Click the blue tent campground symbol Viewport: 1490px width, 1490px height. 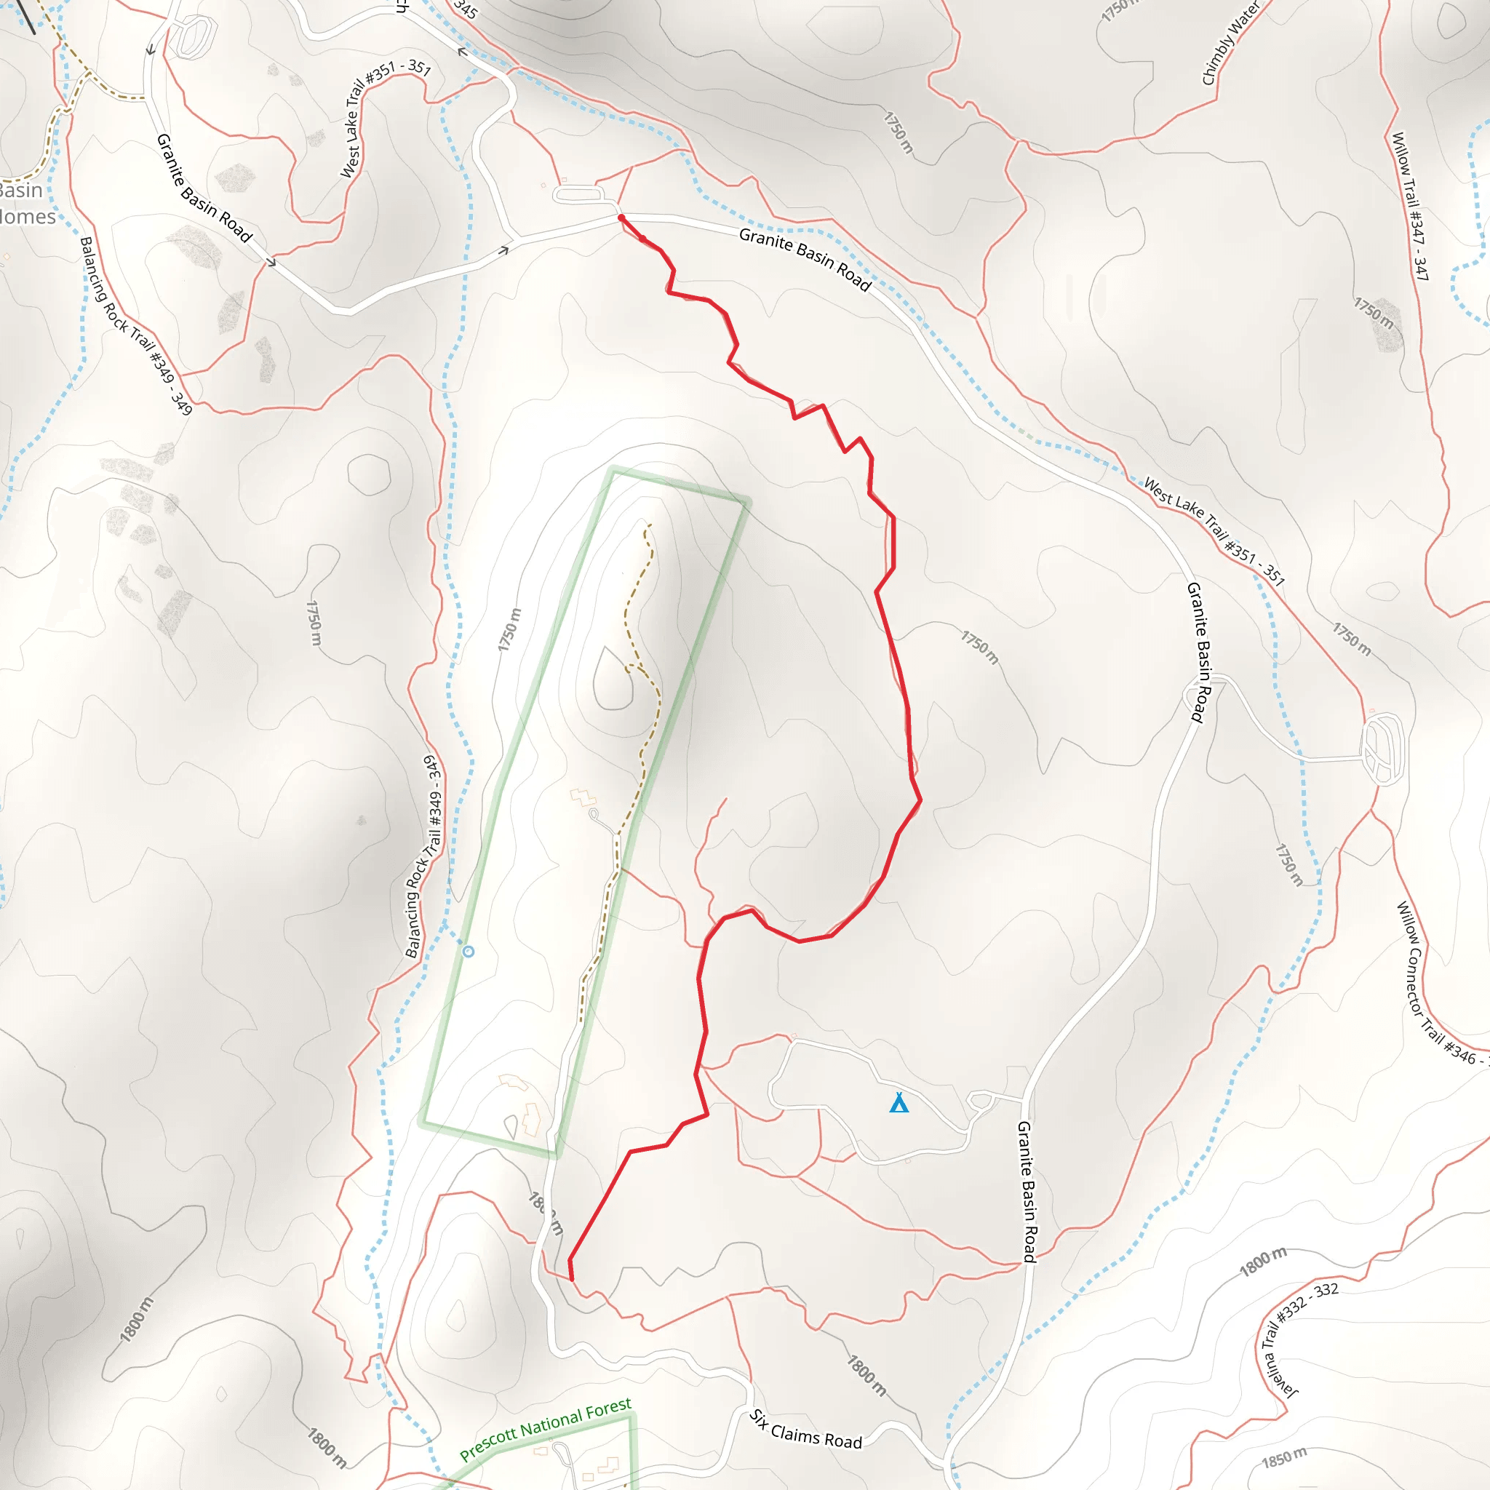(899, 1103)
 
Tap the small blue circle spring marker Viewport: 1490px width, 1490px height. (468, 952)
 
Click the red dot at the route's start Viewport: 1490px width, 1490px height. (621, 218)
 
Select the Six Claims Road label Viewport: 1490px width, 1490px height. (806, 1429)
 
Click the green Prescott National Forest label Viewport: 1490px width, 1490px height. (545, 1429)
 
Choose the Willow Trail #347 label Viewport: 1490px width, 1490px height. (1411, 206)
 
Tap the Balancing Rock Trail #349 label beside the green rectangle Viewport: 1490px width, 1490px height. (424, 856)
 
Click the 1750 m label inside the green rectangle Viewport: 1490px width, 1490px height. (509, 629)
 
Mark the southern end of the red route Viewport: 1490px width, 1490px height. (571, 1279)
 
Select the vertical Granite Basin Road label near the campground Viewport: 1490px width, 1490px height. (1029, 1192)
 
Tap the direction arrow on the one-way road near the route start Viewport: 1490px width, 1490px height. (503, 250)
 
